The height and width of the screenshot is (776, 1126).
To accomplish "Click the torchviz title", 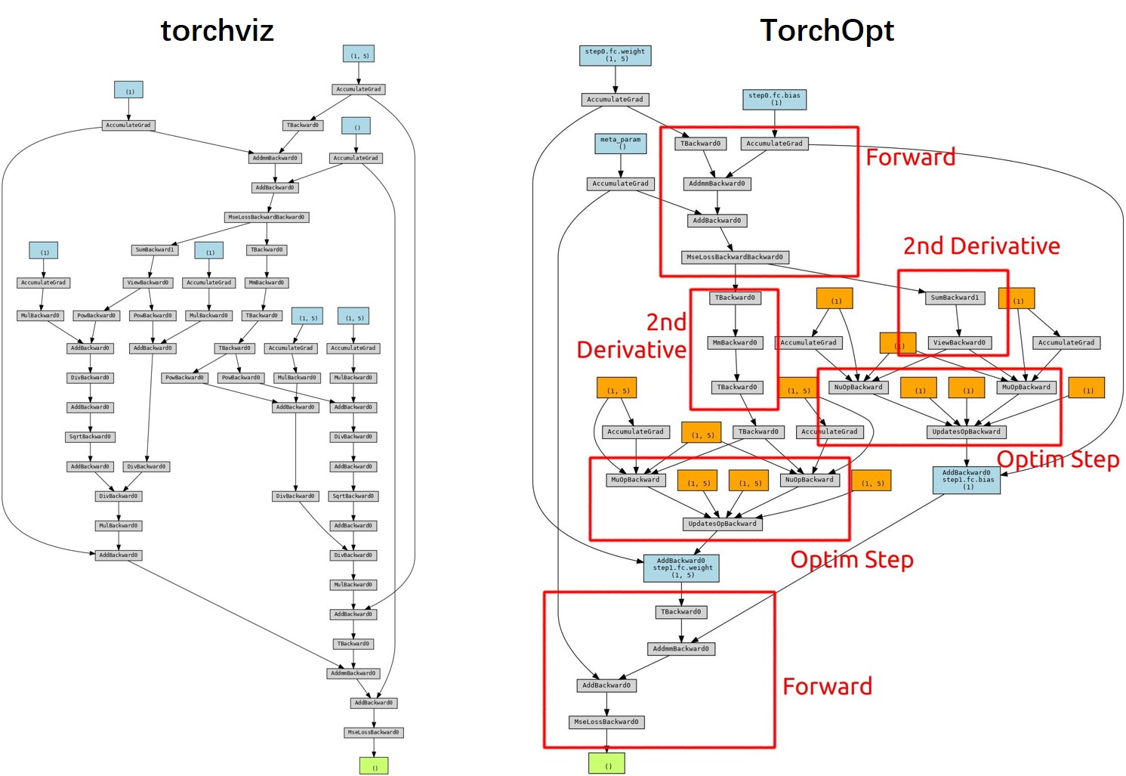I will (217, 31).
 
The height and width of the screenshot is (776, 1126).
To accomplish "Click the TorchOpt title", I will (826, 31).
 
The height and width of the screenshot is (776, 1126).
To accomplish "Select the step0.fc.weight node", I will (615, 55).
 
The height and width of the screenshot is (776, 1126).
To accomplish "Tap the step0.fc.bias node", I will (774, 99).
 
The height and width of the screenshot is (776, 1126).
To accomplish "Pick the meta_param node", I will (620, 143).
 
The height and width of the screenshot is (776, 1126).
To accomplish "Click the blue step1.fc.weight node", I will (681, 568).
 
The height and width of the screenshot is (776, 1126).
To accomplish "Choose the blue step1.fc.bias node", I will (966, 480).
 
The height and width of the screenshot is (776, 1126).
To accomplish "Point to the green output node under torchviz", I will (374, 765).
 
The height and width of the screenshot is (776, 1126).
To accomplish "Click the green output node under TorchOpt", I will (606, 763).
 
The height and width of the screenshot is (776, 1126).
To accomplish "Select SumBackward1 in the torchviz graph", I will (154, 249).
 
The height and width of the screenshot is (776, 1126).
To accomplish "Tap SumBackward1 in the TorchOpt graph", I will (955, 298).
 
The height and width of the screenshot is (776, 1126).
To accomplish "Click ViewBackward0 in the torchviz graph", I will (148, 283).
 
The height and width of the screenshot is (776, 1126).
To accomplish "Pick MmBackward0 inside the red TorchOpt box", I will (736, 342).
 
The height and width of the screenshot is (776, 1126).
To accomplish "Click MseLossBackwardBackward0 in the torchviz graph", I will (267, 217).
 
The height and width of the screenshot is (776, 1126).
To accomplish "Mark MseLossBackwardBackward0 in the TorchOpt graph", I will (735, 257).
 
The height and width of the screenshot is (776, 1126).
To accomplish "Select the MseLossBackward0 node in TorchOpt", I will (606, 722).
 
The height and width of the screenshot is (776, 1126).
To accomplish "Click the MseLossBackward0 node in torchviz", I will (373, 732).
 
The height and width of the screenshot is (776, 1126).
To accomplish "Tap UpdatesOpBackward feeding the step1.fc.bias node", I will (966, 431).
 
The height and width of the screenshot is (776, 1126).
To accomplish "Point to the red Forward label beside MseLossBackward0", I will (827, 686).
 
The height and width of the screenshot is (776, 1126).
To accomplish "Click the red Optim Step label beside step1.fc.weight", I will (852, 559).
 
